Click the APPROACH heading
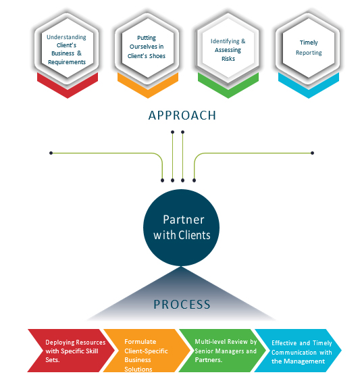pos(182,116)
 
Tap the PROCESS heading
pos(182,305)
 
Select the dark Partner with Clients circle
pos(181,228)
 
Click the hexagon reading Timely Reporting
pos(309,48)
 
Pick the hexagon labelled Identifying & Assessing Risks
pos(228,48)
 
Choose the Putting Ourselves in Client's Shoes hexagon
pos(148,48)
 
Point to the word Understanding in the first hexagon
pos(66,37)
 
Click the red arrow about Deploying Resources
pos(71,351)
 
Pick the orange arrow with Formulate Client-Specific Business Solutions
pos(147,351)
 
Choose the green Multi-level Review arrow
pos(223,351)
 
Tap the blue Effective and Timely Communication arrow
pos(299,351)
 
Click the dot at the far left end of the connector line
pos(51,153)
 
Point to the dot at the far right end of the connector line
pos(313,153)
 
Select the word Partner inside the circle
pos(184,220)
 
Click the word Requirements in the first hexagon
pos(67,62)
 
